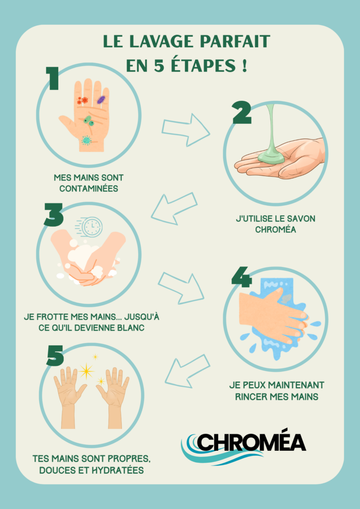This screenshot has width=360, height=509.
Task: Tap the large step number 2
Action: [x=242, y=113]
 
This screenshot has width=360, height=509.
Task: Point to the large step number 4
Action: [x=242, y=277]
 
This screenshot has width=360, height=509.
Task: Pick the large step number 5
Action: [x=55, y=355]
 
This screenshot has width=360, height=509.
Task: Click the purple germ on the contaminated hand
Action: [x=101, y=99]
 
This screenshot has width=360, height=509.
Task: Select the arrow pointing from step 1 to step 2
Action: [x=185, y=130]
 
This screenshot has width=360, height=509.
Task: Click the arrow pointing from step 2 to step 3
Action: [x=174, y=208]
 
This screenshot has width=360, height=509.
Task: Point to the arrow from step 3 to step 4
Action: [x=181, y=288]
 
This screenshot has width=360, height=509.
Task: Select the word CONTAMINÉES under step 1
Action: [x=89, y=188]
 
